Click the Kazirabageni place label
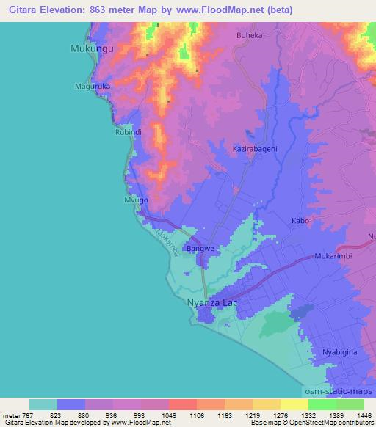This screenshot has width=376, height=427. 255,149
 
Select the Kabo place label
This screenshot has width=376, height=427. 300,221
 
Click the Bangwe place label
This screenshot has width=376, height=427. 200,249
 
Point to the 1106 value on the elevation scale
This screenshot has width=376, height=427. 197,415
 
